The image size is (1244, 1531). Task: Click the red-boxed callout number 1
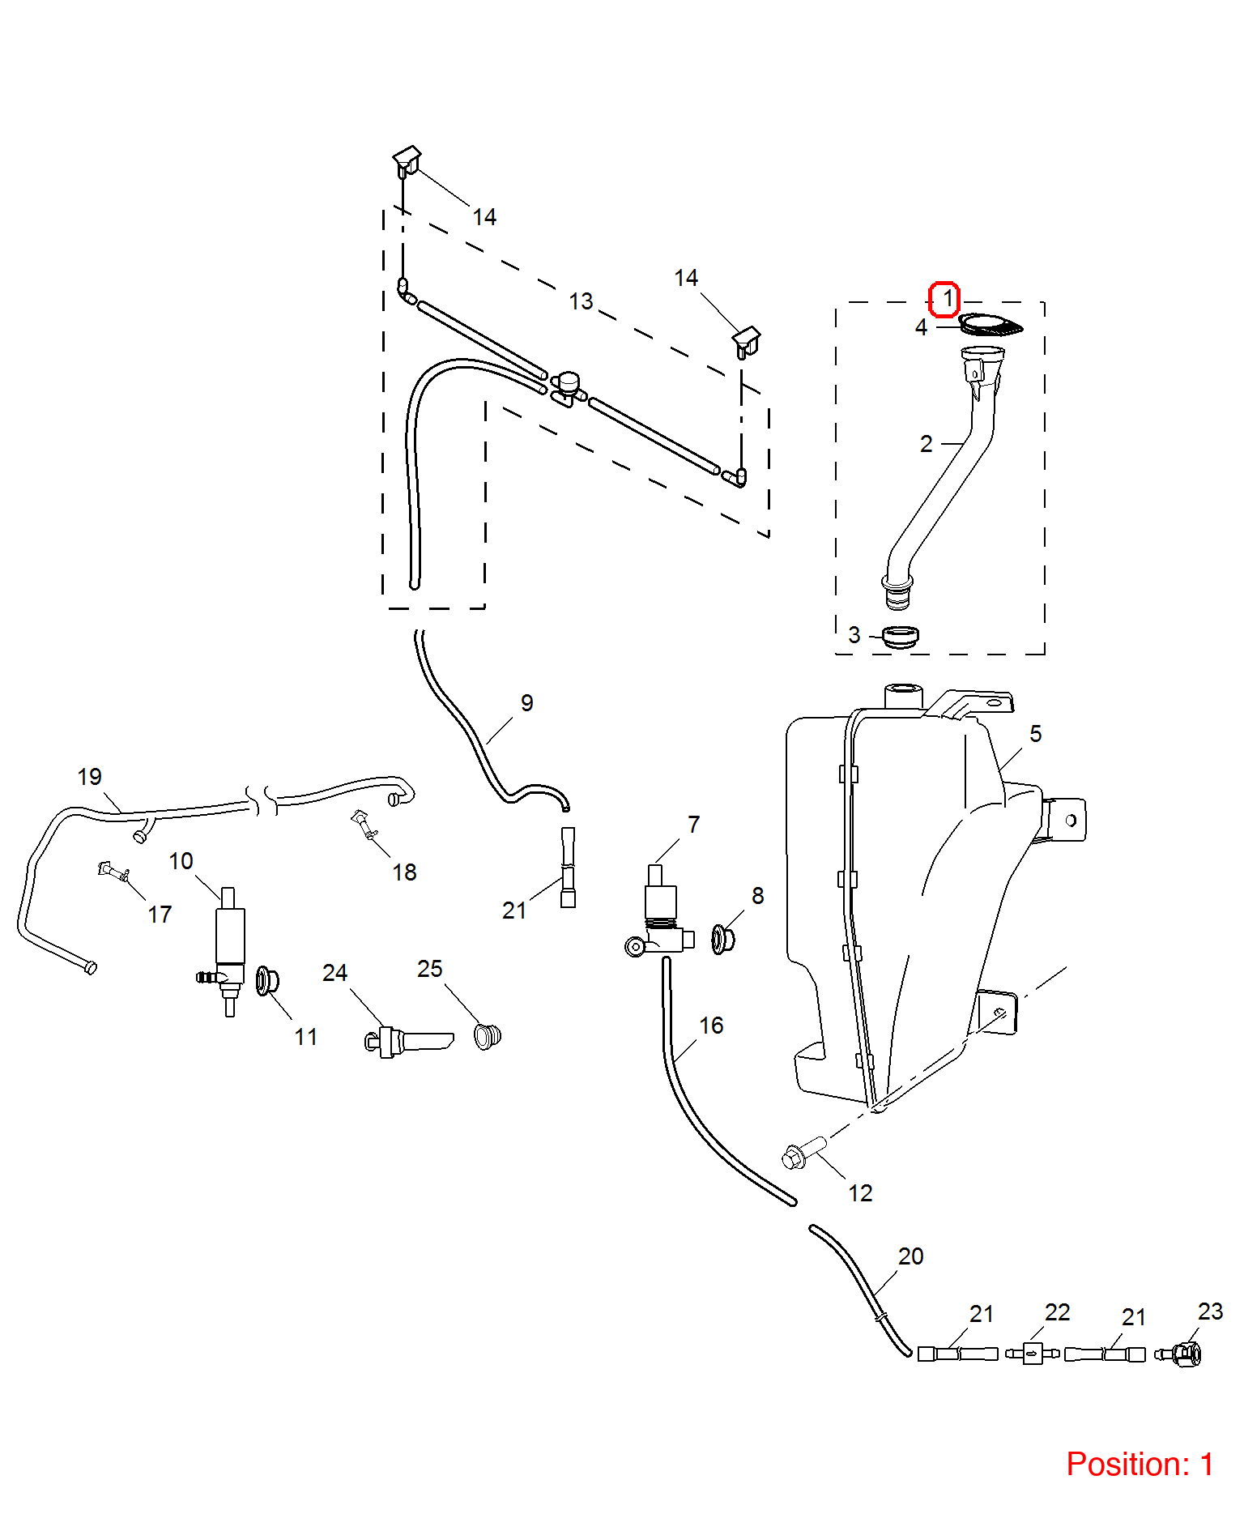[x=944, y=299]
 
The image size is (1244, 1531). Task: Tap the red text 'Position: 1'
[x=1140, y=1465]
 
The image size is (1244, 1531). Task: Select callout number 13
[x=581, y=301]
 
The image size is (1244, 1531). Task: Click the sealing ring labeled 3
[x=900, y=637]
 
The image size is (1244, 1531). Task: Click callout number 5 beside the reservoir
[x=1035, y=734]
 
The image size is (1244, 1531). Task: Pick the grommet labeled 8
[x=722, y=939]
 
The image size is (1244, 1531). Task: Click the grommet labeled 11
[x=267, y=981]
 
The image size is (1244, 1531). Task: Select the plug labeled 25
[x=488, y=1036]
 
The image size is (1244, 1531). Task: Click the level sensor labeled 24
[x=408, y=1041]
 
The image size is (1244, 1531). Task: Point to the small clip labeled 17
[x=114, y=872]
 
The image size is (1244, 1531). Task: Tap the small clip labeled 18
[x=364, y=824]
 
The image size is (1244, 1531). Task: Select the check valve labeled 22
[x=1032, y=1353]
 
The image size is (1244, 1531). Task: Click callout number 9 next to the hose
[x=526, y=703]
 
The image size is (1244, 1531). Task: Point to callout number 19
[x=89, y=777]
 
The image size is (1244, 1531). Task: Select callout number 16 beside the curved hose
[x=711, y=1026]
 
